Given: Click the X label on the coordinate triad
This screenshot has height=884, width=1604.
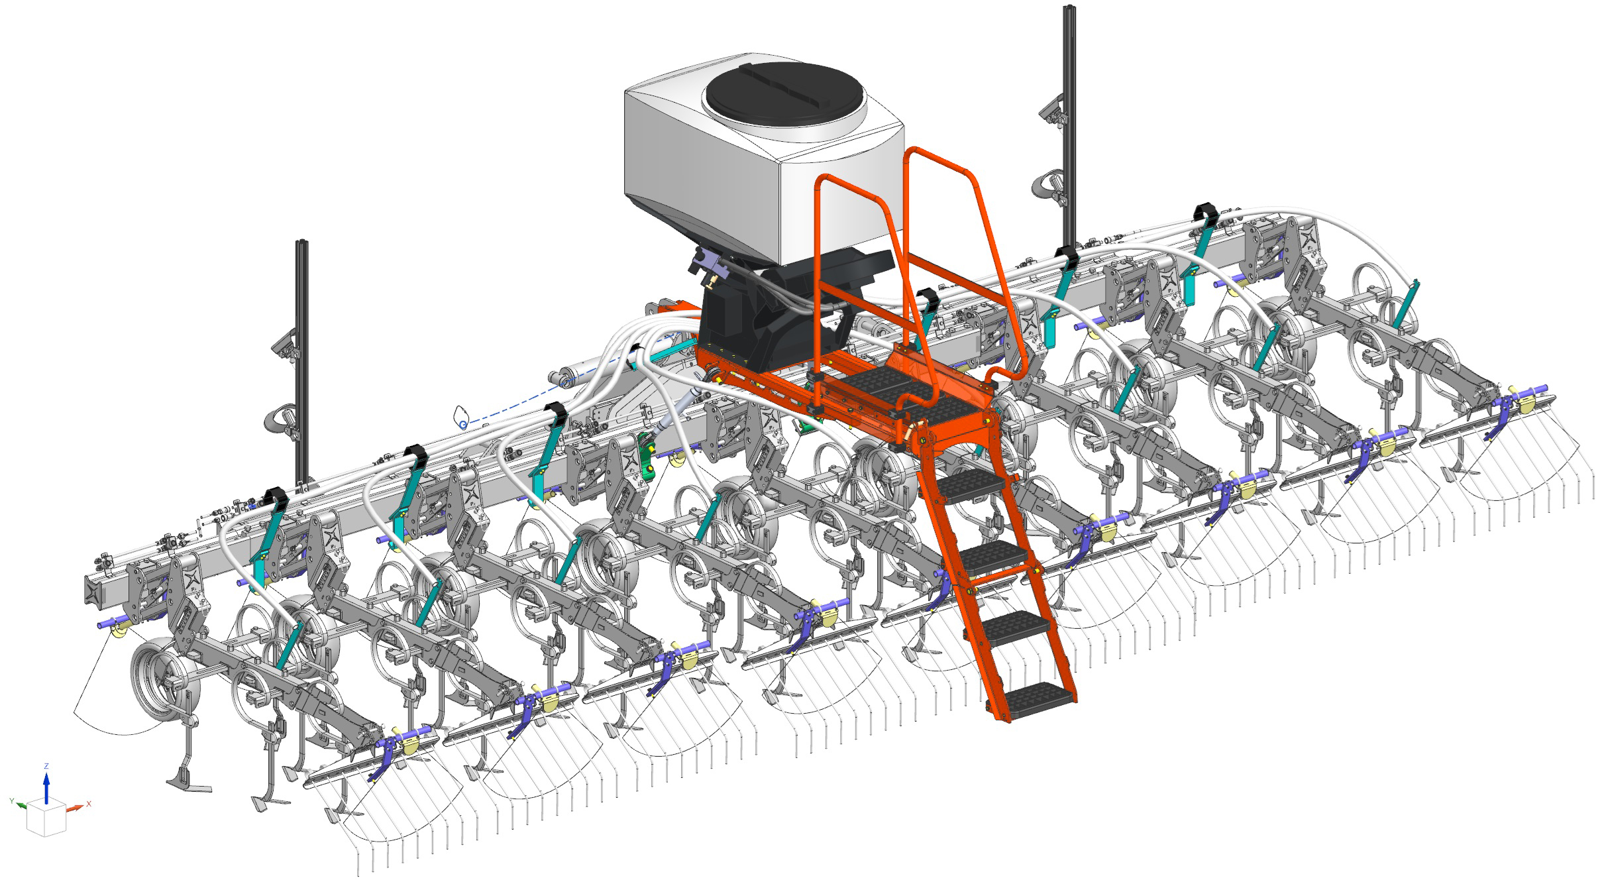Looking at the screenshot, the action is point(88,804).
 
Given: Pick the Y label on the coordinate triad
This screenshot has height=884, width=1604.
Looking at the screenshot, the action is point(12,801).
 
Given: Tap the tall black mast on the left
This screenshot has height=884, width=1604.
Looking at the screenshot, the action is point(302,361).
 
